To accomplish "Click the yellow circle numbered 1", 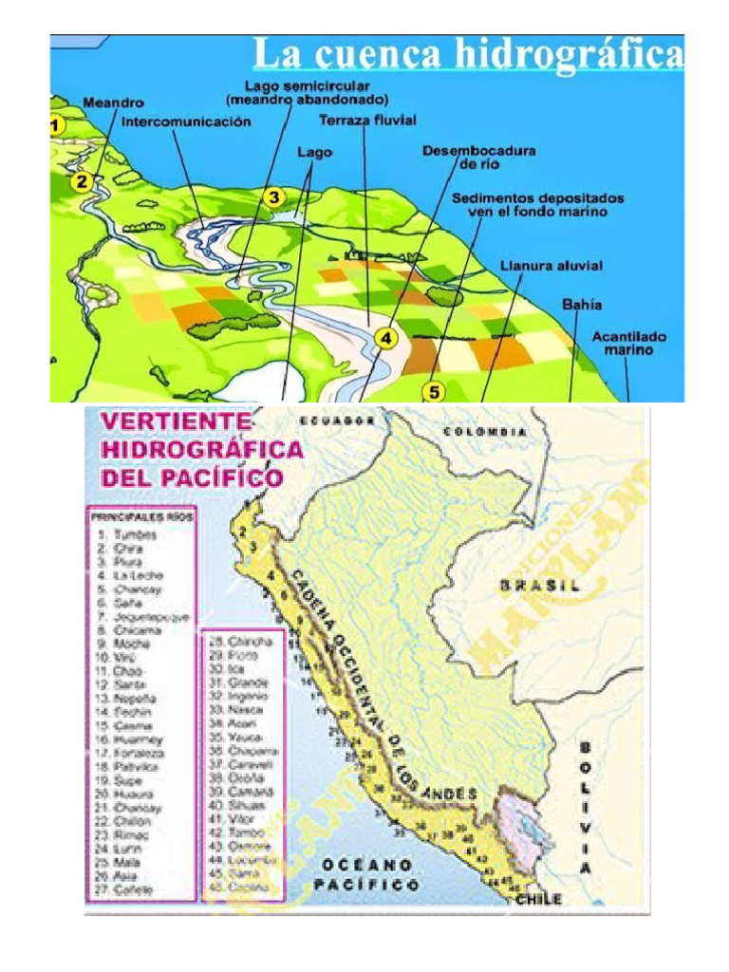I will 56,124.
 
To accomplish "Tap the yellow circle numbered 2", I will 84,181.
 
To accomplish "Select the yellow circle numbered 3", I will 273,197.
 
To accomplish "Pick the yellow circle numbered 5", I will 434,390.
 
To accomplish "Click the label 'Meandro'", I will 113,103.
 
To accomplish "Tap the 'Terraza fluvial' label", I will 367,121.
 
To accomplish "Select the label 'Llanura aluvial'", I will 551,266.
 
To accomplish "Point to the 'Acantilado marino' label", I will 629,343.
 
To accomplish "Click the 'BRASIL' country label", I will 539,586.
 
